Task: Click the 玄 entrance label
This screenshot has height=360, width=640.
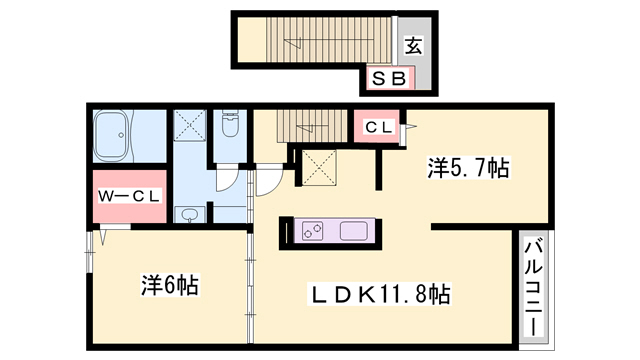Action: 413,45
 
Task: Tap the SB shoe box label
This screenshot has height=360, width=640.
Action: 389,78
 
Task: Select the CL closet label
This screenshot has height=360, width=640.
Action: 379,127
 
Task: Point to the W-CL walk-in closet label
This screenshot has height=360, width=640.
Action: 129,196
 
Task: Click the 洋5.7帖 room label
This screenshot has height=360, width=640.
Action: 468,167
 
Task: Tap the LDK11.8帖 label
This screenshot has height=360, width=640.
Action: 380,294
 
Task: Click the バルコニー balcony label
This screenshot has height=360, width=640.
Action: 533,287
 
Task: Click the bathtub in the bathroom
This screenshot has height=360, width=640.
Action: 112,136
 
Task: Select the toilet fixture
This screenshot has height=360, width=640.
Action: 230,123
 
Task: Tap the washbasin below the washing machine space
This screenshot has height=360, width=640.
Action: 189,214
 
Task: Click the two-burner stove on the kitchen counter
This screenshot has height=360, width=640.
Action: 313,231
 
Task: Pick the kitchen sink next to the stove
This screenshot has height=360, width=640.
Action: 354,231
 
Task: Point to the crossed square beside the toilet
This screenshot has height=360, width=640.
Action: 190,125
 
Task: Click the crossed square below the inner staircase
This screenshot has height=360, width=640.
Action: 319,168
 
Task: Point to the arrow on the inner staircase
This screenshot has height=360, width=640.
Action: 311,127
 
